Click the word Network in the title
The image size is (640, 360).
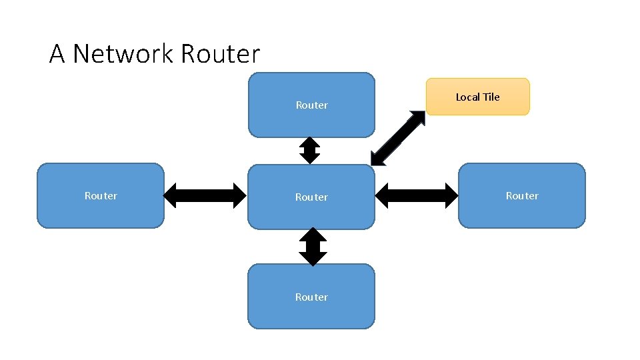[x=123, y=54]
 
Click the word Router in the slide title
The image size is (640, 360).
[x=219, y=54]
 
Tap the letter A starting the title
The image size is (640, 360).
[x=57, y=54]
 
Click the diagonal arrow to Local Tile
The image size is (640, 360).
[x=398, y=137]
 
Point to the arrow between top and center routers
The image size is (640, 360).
[x=310, y=151]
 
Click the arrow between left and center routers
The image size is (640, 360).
[x=205, y=195]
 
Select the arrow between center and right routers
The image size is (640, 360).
[x=417, y=195]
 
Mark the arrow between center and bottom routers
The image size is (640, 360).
[x=312, y=247]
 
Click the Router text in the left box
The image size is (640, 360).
[x=101, y=196]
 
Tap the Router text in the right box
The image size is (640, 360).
[x=522, y=196]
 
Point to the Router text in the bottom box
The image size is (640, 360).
[x=311, y=297]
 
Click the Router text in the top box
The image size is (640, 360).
[x=311, y=105]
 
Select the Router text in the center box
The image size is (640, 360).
[x=311, y=197]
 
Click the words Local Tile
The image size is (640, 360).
[x=477, y=97]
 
